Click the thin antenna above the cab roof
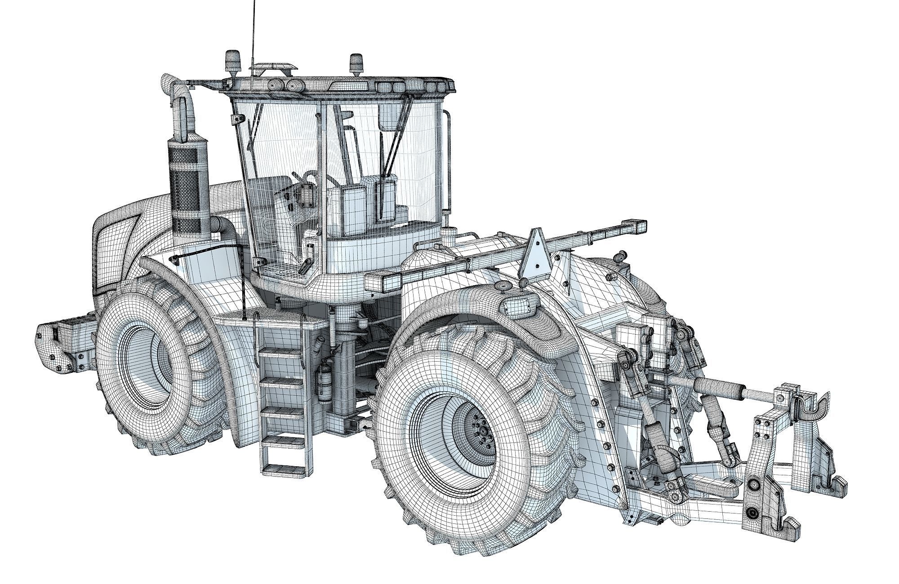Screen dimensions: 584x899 (254, 27)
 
